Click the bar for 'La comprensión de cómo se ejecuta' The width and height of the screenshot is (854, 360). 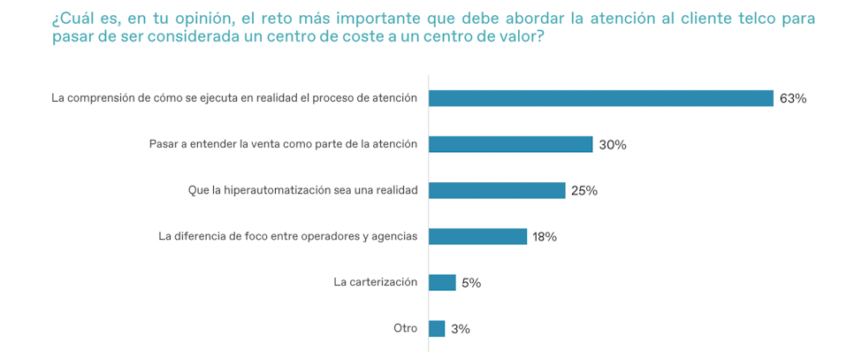[x=601, y=98]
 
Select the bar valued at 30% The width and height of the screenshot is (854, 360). [x=510, y=144]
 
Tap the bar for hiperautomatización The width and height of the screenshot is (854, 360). [x=497, y=190]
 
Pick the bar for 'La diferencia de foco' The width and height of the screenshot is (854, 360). [x=477, y=236]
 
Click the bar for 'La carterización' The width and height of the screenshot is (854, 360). [x=442, y=282]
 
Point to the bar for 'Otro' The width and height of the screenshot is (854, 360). [x=437, y=328]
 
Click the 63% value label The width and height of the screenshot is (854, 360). [x=793, y=99]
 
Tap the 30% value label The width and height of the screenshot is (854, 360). [x=613, y=145]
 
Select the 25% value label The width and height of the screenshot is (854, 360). [x=584, y=191]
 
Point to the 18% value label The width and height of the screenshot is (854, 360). [x=545, y=237]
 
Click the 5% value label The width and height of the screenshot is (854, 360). [x=471, y=283]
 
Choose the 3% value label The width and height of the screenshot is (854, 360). [x=461, y=329]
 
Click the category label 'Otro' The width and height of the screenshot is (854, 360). [x=405, y=328]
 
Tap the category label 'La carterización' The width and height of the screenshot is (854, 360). [x=375, y=282]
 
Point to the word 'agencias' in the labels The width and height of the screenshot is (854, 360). [x=394, y=236]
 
